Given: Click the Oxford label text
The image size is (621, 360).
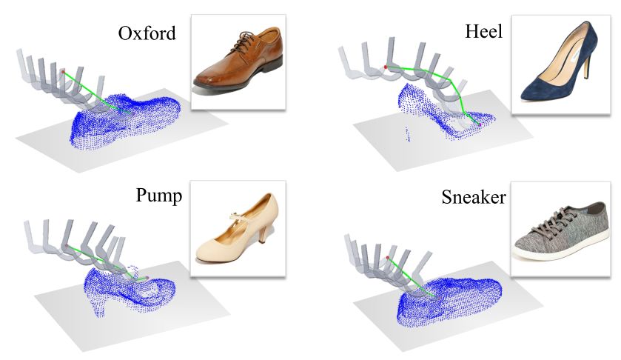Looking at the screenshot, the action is pos(147,35).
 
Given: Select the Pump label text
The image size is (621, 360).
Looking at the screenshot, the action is pos(159,196).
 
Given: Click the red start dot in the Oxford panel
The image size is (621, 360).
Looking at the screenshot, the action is pos(63,73).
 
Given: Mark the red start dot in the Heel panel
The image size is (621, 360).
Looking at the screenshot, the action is pos(386,68).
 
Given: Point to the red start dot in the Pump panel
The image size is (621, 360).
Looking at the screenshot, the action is pos(66,244).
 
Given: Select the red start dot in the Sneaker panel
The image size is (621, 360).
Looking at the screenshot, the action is pos(388,258).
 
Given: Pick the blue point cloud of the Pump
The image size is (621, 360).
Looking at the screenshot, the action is pos(126,285).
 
